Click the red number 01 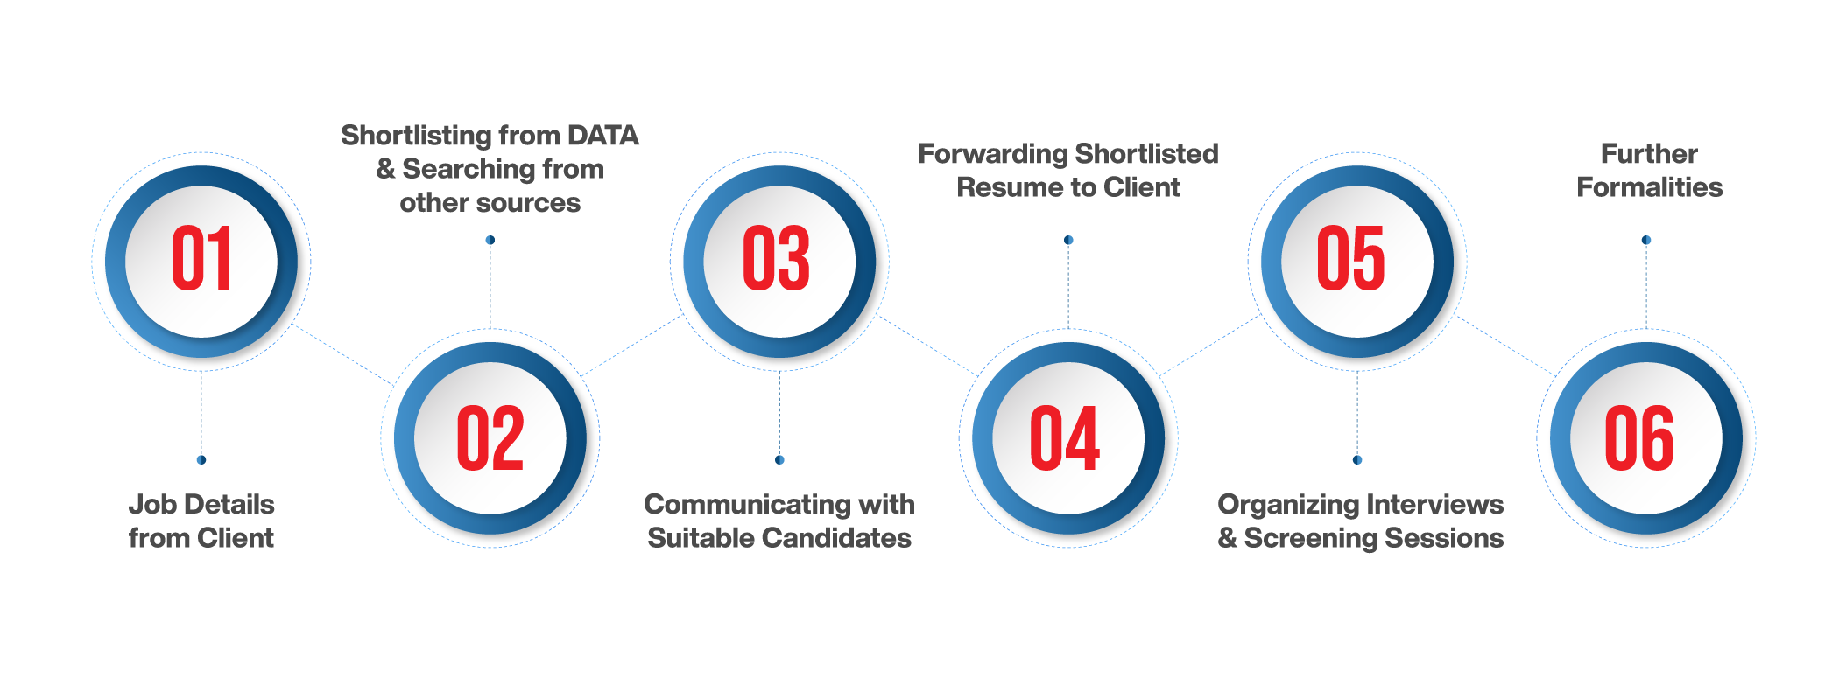201,259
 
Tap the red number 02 490,438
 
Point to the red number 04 1065,438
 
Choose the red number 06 1639,438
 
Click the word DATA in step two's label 603,136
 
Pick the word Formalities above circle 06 1650,187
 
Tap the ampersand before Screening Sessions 1228,538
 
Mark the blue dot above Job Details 201,459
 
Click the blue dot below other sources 490,240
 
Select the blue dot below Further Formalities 1646,240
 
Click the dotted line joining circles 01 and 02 343,355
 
